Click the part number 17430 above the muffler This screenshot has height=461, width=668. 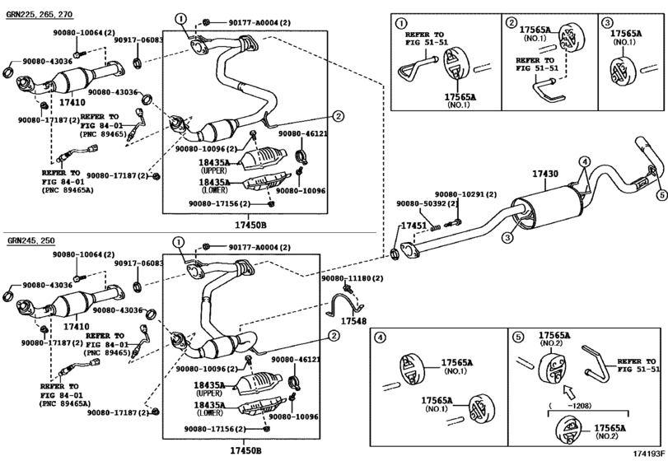[545, 174]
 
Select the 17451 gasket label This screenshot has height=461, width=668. [413, 226]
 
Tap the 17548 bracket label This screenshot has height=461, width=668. [353, 321]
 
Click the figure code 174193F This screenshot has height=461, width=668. [649, 454]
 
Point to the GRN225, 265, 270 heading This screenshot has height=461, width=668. [40, 15]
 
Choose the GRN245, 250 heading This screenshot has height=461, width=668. [30, 241]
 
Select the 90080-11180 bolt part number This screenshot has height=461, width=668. [352, 278]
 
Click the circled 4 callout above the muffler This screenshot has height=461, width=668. [585, 161]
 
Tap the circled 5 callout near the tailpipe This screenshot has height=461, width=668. [661, 195]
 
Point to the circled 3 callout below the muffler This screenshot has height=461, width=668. [507, 238]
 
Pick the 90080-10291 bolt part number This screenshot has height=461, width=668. [465, 194]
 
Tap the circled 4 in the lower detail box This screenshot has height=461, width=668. [379, 338]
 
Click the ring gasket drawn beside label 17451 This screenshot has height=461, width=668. [395, 254]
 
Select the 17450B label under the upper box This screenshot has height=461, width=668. [250, 225]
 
